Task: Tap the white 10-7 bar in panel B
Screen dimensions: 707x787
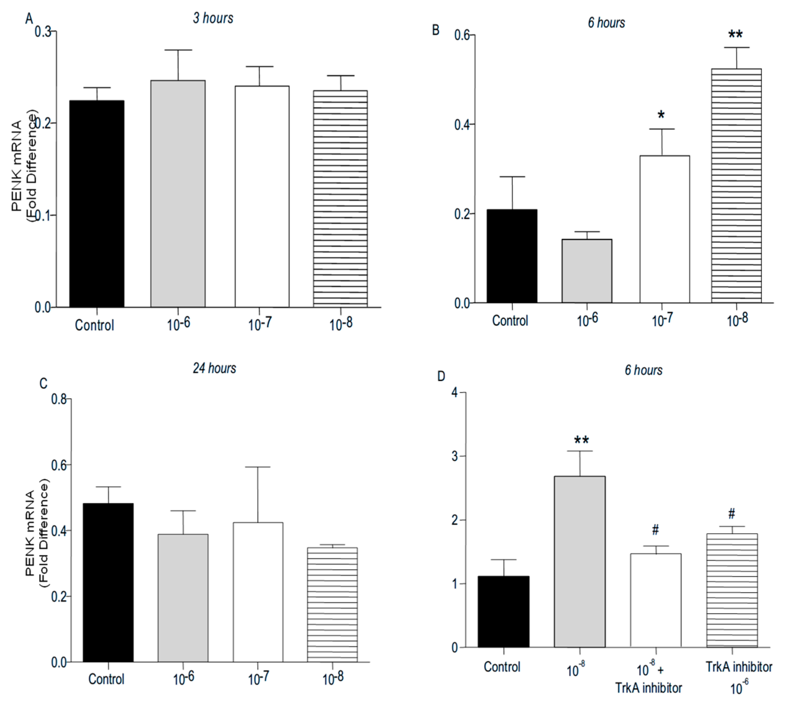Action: coord(664,229)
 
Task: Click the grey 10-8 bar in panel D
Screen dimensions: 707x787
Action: coord(579,561)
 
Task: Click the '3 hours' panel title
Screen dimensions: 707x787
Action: coord(213,18)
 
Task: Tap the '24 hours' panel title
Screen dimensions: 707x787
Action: coord(214,368)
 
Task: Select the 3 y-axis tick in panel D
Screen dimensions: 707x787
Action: coord(454,456)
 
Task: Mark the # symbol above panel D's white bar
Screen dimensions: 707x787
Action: coord(655,530)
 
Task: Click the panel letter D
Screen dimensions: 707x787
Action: coord(441,376)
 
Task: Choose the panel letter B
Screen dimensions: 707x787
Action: coord(436,30)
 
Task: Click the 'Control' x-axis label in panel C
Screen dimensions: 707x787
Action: coord(106,679)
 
